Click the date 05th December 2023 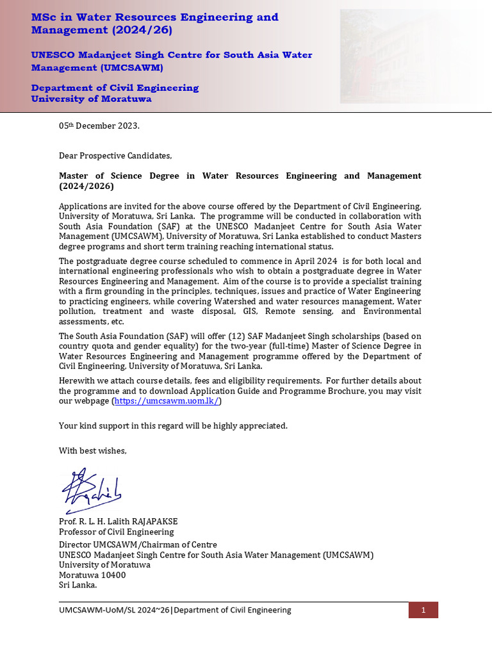coord(99,126)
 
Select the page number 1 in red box coord(423,610)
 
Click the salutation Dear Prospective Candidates coord(115,156)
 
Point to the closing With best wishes coord(93,451)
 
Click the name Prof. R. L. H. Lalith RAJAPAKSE coord(118,521)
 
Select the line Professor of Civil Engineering coord(116,532)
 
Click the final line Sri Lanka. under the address coord(78,585)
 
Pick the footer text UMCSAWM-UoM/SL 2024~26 coord(114,610)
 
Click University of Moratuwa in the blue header coord(92,99)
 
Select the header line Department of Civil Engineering coord(115,88)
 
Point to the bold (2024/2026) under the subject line coord(86,186)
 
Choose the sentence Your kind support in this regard coord(173,426)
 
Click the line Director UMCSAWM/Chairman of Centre coord(138,545)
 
